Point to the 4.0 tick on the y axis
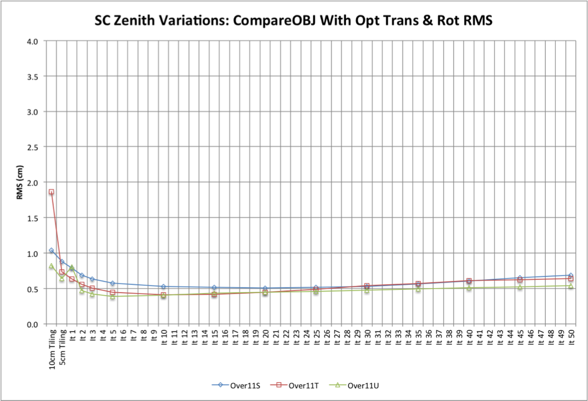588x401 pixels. [x=32, y=41]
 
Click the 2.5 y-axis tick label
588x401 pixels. [x=32, y=147]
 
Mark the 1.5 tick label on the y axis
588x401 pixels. [x=32, y=218]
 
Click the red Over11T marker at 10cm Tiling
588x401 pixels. [x=51, y=192]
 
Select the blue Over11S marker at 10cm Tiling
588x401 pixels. [x=51, y=250]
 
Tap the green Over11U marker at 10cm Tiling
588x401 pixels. [x=51, y=266]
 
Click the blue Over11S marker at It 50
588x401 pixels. [x=570, y=275]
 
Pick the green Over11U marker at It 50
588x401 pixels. [x=570, y=286]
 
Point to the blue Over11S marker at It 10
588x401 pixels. [x=163, y=287]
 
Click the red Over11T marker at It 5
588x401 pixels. [x=112, y=293]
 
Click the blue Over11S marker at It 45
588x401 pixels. [x=520, y=278]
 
